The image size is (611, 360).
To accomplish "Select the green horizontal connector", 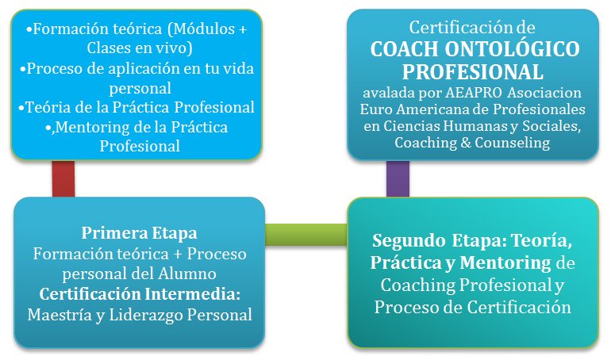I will coord(305,233).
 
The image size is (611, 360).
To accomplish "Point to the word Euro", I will coord(377,109).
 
